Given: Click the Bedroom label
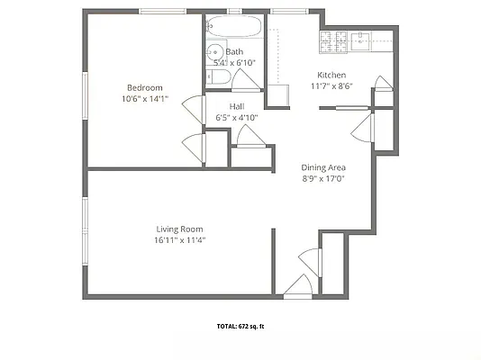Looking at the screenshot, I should pos(143,87).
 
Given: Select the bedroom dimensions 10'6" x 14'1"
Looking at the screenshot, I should pos(143,99).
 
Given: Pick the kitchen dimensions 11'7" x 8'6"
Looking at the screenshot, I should pos(331,86).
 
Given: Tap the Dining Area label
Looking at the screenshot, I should pos(323,167).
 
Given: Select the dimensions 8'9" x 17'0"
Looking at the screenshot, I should pos(323,179).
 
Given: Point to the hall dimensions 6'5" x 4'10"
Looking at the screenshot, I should pos(238,117).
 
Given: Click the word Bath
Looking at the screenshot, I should pos(234,51).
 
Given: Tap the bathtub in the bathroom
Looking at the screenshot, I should pos(233,27).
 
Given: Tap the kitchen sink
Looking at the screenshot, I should pos(364,40).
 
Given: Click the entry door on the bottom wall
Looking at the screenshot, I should pos(298,286).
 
